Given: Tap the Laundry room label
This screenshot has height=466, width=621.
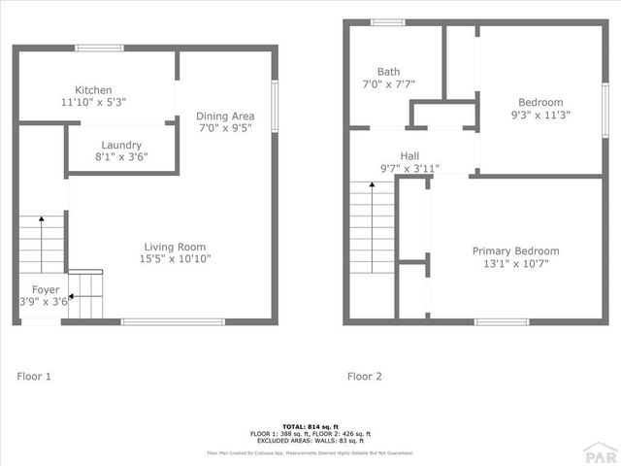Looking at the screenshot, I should (x=121, y=145).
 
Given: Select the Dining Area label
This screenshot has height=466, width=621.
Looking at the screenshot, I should (x=225, y=116).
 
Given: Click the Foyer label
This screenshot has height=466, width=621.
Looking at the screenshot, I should (x=46, y=289).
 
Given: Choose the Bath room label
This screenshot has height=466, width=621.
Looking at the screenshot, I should (x=388, y=71).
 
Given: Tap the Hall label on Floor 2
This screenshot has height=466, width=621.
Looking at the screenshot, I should (x=409, y=155).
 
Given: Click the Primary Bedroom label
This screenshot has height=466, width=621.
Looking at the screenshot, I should (x=515, y=250).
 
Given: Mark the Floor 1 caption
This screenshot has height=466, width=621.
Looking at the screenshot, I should (x=34, y=376).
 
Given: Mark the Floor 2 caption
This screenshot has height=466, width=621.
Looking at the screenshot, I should (x=365, y=376).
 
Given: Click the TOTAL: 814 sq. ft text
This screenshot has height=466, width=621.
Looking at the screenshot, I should (x=310, y=427).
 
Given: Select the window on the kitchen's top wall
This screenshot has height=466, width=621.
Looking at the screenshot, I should (x=99, y=49).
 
